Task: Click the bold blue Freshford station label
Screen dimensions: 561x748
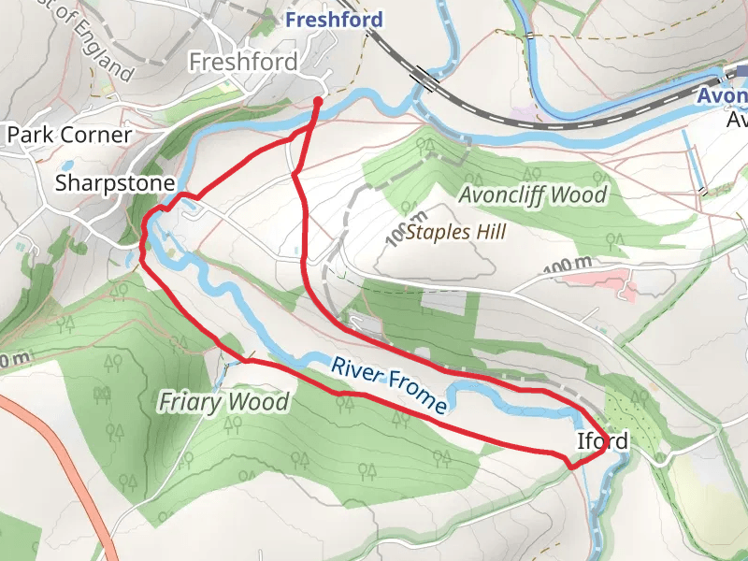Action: tap(334, 19)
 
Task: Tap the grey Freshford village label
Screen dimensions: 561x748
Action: tap(243, 63)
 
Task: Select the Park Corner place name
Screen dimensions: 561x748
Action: tap(69, 135)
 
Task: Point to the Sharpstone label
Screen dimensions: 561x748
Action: tap(115, 182)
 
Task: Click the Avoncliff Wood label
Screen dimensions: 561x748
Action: tap(533, 195)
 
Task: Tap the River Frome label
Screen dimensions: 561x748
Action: tap(388, 384)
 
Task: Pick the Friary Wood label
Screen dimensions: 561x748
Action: tap(223, 403)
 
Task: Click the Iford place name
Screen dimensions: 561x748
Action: tap(601, 441)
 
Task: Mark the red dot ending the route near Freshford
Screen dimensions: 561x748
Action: tap(318, 101)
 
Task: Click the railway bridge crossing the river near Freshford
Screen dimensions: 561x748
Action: tap(425, 79)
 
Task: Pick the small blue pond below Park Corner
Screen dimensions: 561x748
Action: tap(20, 247)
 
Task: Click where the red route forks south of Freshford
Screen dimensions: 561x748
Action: tap(294, 174)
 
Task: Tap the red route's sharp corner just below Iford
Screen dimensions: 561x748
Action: tap(572, 464)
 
